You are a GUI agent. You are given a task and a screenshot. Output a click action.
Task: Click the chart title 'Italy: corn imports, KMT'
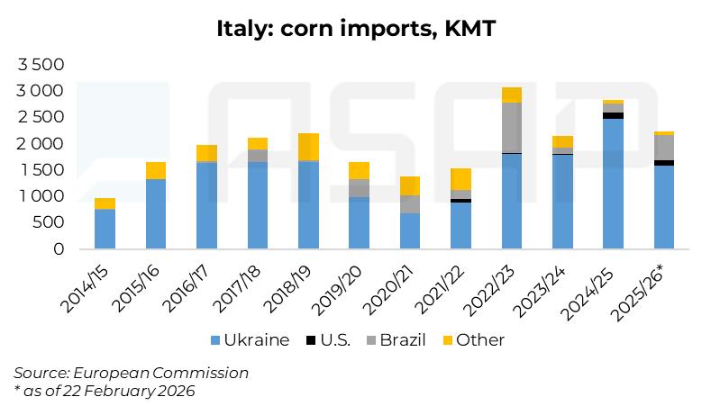(355, 28)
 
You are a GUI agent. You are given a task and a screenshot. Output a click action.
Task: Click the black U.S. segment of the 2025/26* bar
(664, 163)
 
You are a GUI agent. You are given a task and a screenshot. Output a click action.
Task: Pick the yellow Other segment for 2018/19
(308, 147)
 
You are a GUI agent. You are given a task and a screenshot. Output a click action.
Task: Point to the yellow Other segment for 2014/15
(105, 203)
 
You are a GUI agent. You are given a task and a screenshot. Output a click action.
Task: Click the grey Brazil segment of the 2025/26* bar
(664, 148)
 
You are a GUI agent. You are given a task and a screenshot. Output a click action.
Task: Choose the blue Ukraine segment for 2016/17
(206, 204)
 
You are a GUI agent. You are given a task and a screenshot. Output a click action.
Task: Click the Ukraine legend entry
(250, 340)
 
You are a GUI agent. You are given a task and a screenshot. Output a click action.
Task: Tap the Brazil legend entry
(397, 340)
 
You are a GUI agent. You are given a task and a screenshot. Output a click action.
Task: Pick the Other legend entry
(474, 340)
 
